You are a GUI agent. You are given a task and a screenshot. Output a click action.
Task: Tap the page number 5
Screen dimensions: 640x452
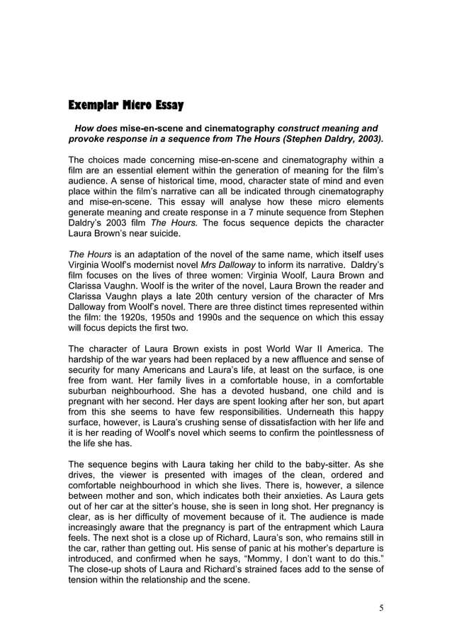coord(380,608)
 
